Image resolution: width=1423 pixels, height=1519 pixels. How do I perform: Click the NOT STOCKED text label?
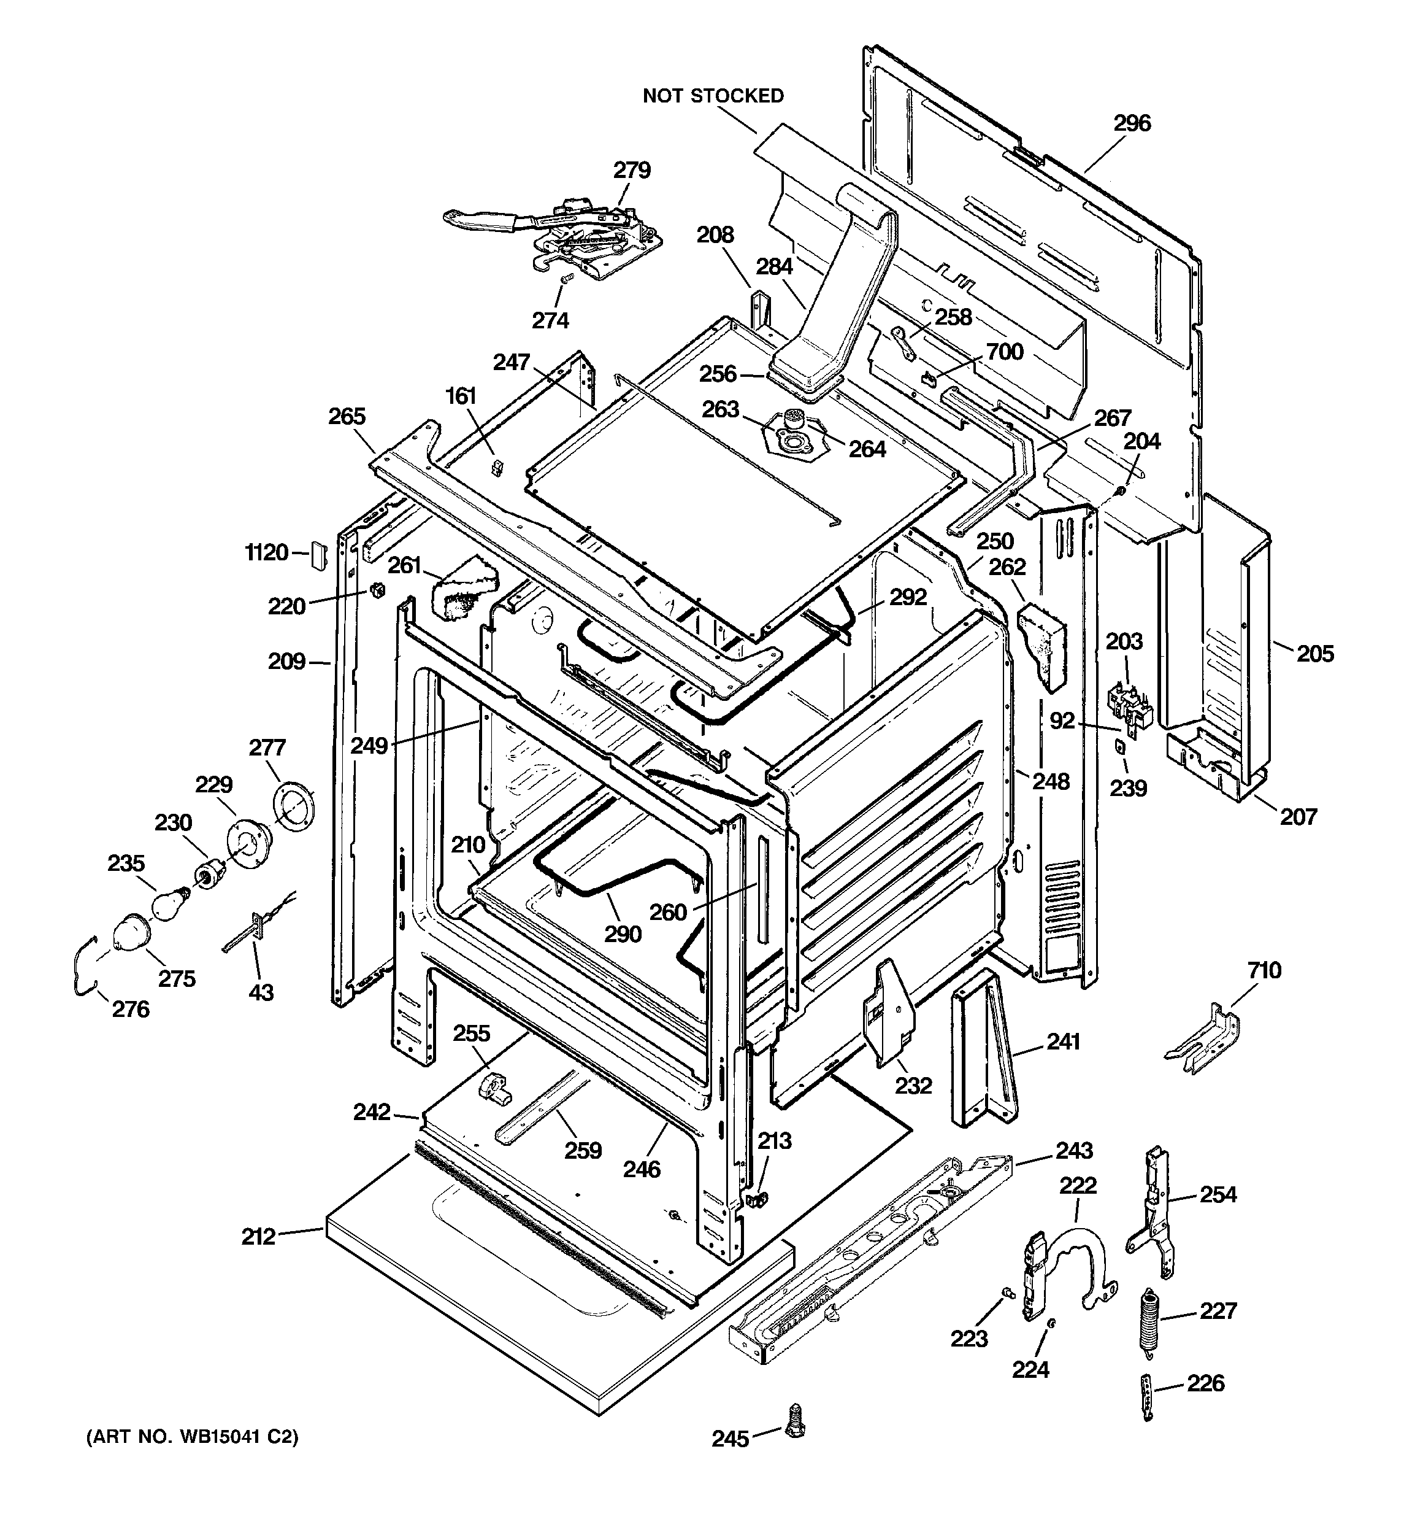coord(713,96)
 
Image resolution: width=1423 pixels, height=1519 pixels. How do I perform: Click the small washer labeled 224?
coord(1052,1323)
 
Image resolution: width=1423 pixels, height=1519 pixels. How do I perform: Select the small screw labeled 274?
coord(567,280)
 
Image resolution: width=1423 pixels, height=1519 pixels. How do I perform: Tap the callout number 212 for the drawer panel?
coord(258,1236)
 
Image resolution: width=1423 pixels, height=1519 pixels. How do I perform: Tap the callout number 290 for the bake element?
coord(623,933)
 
